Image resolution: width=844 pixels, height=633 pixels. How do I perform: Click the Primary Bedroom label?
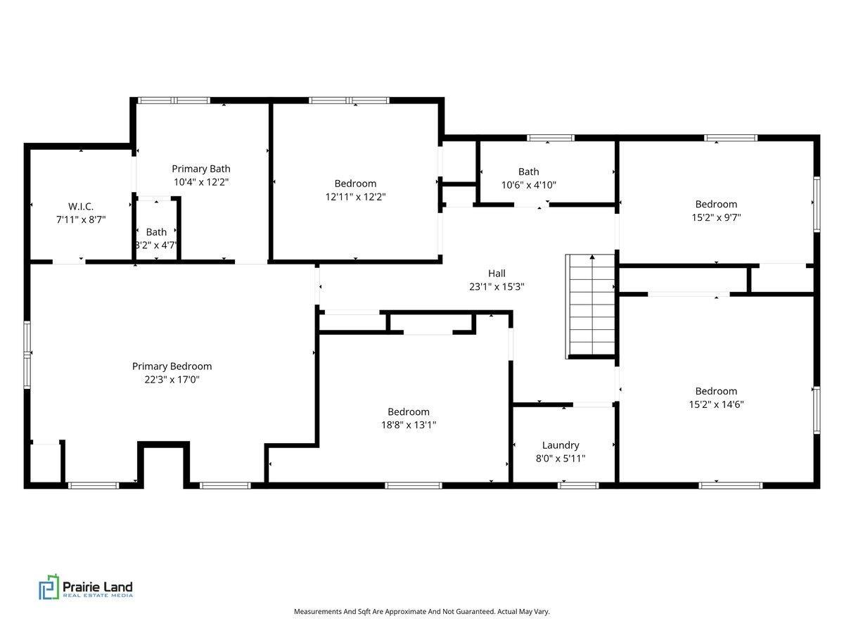pos(172,366)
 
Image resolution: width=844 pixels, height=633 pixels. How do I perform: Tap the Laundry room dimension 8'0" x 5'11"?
pos(561,458)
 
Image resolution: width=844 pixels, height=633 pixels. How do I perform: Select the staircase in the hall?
pos(591,307)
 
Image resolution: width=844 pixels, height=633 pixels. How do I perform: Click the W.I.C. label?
pos(81,206)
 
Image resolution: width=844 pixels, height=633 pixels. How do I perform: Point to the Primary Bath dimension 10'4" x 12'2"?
pos(201,181)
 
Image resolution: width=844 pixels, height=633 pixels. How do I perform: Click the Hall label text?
pos(497,274)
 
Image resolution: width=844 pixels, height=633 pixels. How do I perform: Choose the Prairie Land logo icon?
pos(49,587)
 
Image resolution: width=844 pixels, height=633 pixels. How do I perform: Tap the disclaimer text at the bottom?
pos(422,611)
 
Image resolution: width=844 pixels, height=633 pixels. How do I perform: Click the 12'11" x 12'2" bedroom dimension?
pos(355,197)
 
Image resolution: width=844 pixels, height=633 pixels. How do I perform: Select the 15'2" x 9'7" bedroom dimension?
pos(716,217)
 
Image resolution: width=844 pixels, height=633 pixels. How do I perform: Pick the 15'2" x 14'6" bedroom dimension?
pos(716,404)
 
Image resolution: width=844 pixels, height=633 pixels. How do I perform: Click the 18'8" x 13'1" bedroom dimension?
pos(409,425)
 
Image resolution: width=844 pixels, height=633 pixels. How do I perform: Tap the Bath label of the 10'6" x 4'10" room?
pos(528,172)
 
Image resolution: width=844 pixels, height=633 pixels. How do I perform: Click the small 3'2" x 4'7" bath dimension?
pos(156,245)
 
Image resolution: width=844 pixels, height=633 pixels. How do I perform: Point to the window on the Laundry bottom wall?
pos(578,485)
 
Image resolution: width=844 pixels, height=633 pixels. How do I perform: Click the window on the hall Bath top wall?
pos(550,138)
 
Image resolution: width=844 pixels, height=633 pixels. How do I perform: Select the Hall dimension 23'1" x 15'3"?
pos(497,287)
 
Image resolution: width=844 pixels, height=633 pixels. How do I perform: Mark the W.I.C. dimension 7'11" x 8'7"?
pos(81,220)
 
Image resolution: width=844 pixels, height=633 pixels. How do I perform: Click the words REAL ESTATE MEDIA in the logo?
pos(98,595)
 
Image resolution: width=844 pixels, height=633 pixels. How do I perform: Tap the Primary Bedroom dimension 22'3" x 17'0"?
pos(172,380)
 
